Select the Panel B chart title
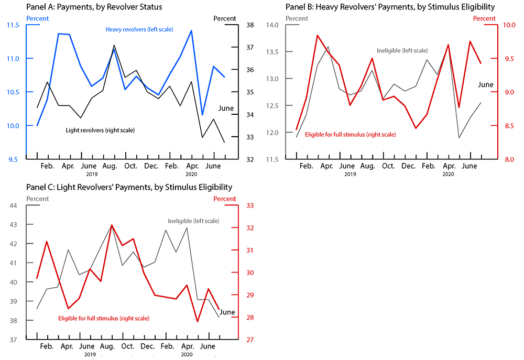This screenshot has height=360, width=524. pyautogui.click(x=390, y=7)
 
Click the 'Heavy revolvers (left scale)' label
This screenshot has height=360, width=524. pyautogui.click(x=139, y=29)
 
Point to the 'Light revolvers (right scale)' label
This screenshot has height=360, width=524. pyautogui.click(x=101, y=129)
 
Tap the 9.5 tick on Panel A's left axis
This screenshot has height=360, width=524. pyautogui.click(x=14, y=159)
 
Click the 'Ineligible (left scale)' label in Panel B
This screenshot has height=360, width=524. pyautogui.click(x=402, y=50)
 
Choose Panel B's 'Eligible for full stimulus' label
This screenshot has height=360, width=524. pyautogui.click(x=350, y=135)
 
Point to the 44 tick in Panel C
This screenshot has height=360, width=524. pyautogui.click(x=14, y=205)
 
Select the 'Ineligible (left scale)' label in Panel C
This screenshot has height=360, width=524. pyautogui.click(x=193, y=221)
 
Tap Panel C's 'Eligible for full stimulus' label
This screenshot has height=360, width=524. pyautogui.click(x=103, y=318)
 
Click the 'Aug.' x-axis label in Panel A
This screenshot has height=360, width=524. pyautogui.click(x=109, y=166)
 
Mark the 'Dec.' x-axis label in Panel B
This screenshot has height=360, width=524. pyautogui.click(x=408, y=166)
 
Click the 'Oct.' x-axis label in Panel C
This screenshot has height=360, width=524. pyautogui.click(x=127, y=346)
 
